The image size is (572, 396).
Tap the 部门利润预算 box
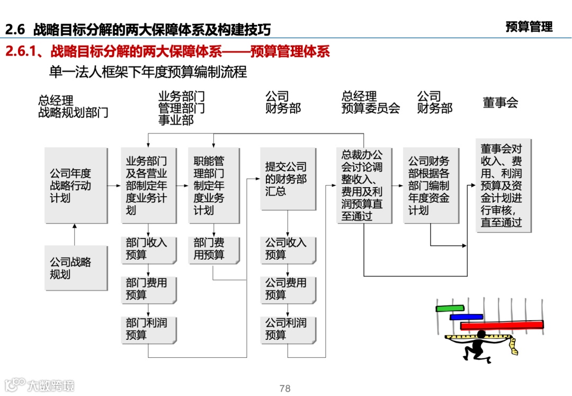148,329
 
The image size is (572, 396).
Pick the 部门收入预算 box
148,249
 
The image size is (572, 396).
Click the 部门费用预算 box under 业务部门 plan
148,288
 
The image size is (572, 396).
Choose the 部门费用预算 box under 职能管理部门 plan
213,249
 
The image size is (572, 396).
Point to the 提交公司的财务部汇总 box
288,179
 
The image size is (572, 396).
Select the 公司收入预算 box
288,249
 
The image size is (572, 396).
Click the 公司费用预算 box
288,288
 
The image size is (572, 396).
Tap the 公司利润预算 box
288,329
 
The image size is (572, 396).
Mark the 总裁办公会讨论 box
364,185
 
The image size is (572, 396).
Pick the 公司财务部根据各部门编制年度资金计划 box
431,185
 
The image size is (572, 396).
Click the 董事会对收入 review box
503,185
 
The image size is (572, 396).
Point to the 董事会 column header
500,103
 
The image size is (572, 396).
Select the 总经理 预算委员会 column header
370,102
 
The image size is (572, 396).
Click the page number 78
285,389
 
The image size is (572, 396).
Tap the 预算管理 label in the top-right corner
529,27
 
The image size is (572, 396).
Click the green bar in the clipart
450,308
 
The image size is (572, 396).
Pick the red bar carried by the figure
502,325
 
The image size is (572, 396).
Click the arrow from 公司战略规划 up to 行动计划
74,234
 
